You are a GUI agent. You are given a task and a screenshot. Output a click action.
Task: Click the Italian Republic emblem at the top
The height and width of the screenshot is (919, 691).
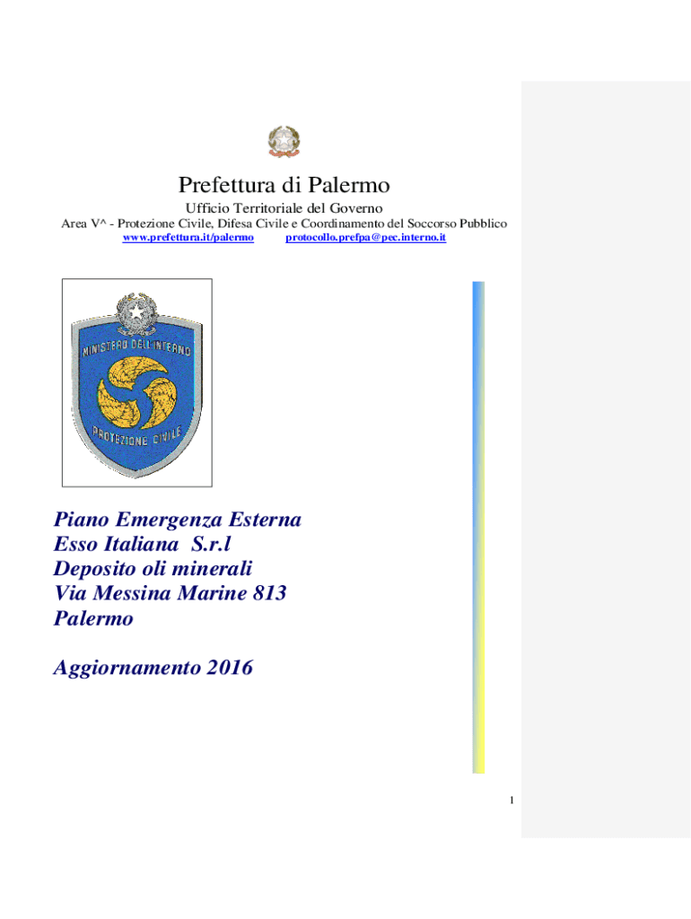coord(284,142)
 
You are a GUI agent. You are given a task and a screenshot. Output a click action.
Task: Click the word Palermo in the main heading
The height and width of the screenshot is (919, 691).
coord(350,186)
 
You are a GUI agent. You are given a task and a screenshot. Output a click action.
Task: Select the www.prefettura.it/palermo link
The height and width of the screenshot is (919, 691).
coord(188,237)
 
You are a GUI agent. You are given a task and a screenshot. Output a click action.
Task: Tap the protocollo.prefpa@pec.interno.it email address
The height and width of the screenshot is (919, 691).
coord(365,237)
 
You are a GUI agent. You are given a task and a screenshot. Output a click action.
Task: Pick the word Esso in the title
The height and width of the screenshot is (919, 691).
coord(75,544)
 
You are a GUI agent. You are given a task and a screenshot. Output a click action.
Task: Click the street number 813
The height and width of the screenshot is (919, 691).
coord(267,592)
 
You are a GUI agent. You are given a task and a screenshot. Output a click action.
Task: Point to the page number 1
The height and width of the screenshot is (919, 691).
coord(510,801)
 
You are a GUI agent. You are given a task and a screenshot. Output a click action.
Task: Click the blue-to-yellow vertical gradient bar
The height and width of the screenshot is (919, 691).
coord(478,528)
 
